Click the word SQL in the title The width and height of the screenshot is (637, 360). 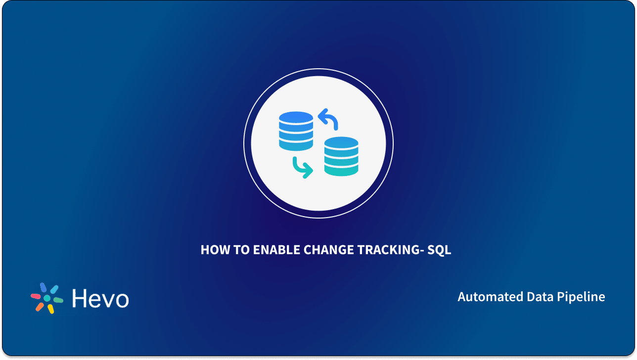click(439, 250)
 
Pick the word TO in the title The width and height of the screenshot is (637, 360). click(241, 250)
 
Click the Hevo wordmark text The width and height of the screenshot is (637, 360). click(100, 299)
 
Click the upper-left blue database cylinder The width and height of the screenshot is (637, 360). click(296, 131)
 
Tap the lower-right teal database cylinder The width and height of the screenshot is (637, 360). click(341, 156)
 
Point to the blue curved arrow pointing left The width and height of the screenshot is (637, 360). click(328, 119)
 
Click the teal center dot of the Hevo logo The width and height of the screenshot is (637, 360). click(47, 298)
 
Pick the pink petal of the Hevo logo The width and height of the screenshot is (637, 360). click(36, 296)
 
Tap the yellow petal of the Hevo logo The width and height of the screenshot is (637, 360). click(50, 309)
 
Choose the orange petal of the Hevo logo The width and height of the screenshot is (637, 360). click(39, 307)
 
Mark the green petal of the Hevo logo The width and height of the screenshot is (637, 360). click(58, 300)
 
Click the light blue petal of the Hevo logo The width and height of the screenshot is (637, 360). click(54, 289)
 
